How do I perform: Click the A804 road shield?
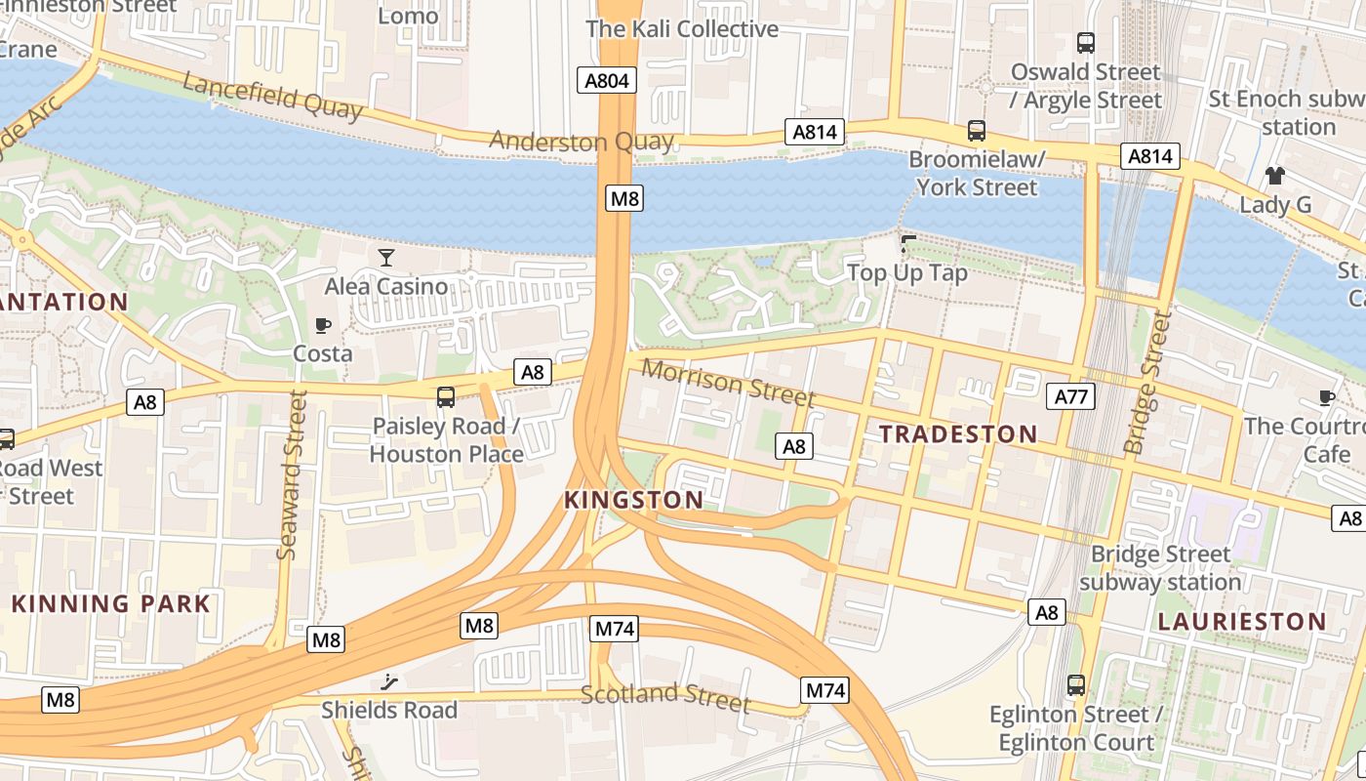[606, 81]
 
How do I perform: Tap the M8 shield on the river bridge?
[623, 199]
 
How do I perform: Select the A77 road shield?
[1070, 395]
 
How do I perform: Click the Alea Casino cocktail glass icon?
[386, 258]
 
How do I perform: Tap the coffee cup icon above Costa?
[323, 325]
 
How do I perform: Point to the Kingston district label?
[633, 500]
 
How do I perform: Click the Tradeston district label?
[958, 434]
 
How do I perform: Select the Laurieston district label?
[1241, 622]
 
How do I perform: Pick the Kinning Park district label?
[111, 603]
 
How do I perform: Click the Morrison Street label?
[728, 383]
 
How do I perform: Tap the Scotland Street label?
[665, 697]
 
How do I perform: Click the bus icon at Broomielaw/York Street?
[976, 131]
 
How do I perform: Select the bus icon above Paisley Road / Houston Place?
[446, 397]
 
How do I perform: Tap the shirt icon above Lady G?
[1274, 176]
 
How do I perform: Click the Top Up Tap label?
[907, 272]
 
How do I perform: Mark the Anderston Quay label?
[581, 142]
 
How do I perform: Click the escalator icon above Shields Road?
[390, 681]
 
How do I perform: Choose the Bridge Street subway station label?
[1160, 568]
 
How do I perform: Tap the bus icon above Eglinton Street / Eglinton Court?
[1075, 685]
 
